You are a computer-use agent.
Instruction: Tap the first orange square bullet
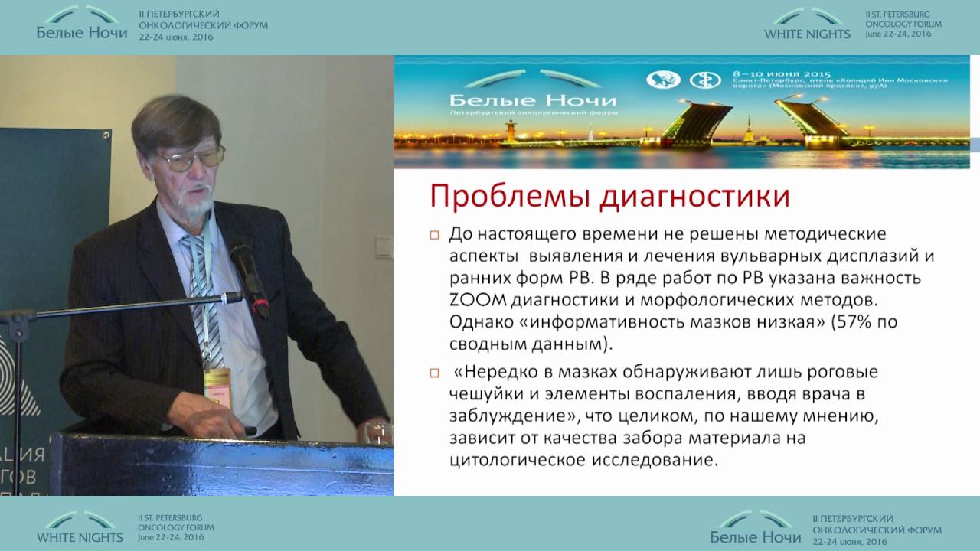pos(434,234)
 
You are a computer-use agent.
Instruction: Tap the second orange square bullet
pos(434,373)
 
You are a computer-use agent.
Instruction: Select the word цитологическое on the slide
pos(525,461)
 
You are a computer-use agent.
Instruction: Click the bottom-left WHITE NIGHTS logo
pos(80,527)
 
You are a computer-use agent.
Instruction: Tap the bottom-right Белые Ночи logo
pos(756,527)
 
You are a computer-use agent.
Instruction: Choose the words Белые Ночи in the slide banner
pos(533,100)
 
